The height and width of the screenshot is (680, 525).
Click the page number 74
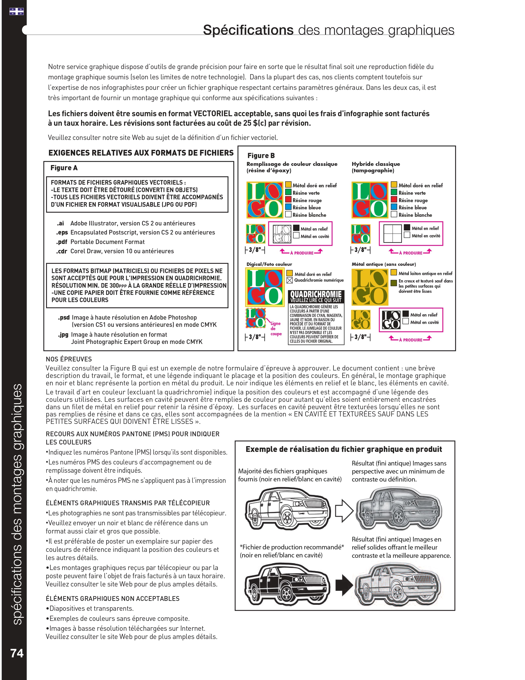[x=17, y=653]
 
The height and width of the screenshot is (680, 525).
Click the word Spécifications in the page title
[x=248, y=30]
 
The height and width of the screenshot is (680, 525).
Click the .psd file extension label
[x=64, y=318]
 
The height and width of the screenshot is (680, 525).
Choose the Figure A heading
[x=64, y=168]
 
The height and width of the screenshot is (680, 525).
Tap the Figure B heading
[x=261, y=155]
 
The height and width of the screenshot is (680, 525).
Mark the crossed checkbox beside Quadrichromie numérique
[x=289, y=280]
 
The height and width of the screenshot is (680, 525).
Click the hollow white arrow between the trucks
[x=344, y=511]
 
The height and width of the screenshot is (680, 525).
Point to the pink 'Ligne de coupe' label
[x=275, y=328]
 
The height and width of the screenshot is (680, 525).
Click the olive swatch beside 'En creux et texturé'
[x=394, y=283]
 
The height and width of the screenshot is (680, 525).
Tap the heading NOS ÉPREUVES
[x=69, y=359]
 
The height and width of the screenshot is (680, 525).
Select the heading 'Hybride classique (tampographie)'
[x=376, y=167]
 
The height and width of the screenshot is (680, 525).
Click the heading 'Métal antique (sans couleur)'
[x=384, y=264]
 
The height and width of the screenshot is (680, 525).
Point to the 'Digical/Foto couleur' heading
[x=269, y=264]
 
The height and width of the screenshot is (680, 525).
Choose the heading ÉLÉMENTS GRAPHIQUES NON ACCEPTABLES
[x=113, y=598]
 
